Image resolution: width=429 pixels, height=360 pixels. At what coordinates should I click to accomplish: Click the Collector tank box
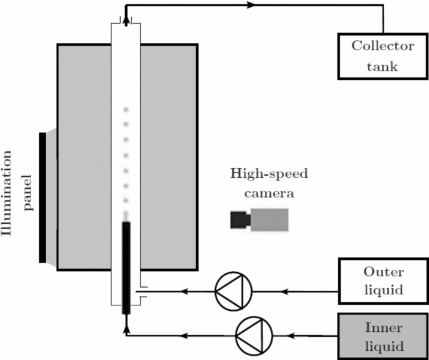374,56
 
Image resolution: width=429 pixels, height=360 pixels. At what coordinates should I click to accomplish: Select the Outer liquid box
374,280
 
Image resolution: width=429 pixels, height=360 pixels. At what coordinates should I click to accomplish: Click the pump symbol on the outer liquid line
233,291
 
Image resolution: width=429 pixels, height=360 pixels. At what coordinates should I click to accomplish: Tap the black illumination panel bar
42,197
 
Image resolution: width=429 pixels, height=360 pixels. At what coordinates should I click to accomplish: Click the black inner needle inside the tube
126,267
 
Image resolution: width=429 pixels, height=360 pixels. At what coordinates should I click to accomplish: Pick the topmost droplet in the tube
126,110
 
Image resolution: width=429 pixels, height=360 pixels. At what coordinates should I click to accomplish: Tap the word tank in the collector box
374,66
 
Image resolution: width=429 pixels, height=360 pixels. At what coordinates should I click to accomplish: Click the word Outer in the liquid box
374,272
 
